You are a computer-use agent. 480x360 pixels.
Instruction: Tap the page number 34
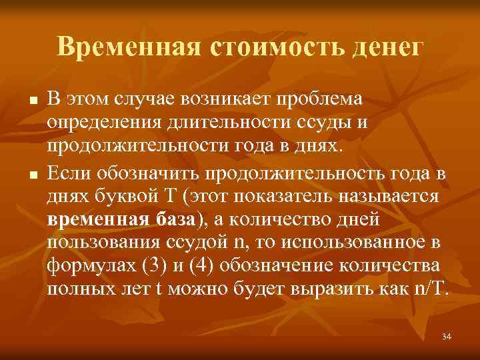[446, 337]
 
